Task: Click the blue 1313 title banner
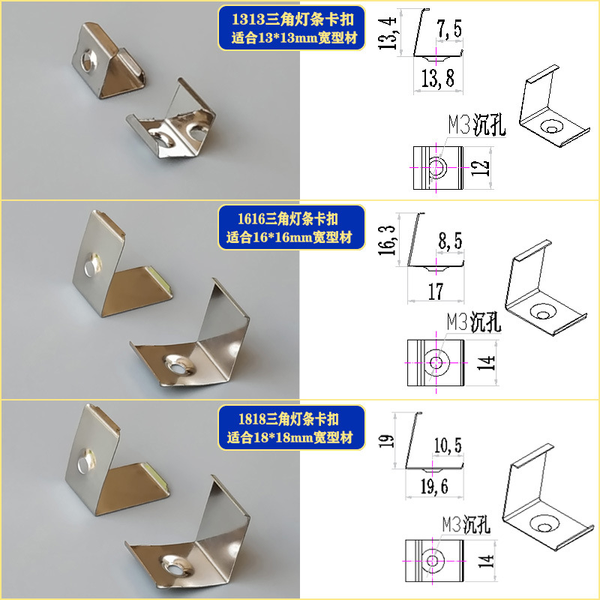[x=292, y=28]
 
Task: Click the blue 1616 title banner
[x=292, y=228]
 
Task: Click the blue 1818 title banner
[x=292, y=427]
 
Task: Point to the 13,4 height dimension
[x=387, y=33]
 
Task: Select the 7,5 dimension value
[x=449, y=28]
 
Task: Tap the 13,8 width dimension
[x=438, y=78]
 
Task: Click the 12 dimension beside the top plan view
[x=480, y=167]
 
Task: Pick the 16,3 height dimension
[x=386, y=240]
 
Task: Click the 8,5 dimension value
[x=450, y=241]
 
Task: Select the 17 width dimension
[x=436, y=291]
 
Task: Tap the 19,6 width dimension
[x=434, y=487]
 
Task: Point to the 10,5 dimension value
[x=448, y=445]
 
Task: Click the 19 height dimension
[x=386, y=441]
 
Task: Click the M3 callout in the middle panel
[x=474, y=322]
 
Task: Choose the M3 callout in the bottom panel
[x=466, y=524]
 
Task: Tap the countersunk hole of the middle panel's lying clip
[x=178, y=365]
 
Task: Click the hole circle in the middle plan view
[x=436, y=362]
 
